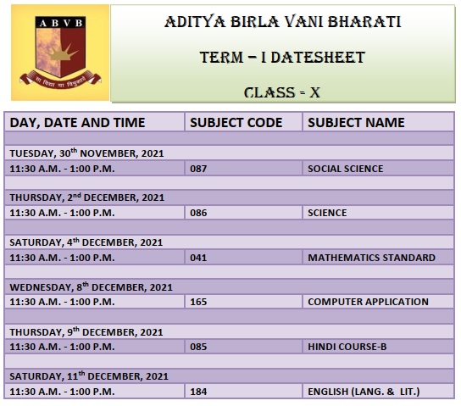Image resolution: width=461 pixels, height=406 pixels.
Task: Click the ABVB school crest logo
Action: click(x=60, y=53)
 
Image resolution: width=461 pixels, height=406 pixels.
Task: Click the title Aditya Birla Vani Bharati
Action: click(x=282, y=22)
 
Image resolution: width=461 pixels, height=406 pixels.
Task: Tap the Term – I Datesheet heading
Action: click(x=282, y=57)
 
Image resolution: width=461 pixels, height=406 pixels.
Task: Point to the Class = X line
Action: click(x=282, y=92)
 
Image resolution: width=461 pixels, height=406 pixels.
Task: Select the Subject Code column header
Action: click(x=236, y=123)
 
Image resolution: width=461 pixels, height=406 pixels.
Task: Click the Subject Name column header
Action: click(x=356, y=123)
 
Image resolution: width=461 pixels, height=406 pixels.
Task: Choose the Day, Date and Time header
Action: click(x=77, y=123)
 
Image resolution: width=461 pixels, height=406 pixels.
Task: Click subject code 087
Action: click(x=198, y=169)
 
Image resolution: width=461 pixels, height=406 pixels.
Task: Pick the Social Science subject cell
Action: click(x=346, y=169)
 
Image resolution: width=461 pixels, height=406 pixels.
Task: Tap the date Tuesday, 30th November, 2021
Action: click(x=86, y=153)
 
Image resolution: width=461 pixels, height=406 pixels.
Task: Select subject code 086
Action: click(x=198, y=213)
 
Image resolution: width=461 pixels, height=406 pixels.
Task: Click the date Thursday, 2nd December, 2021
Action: click(x=87, y=197)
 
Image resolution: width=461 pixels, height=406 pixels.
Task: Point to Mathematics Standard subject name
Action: click(x=372, y=258)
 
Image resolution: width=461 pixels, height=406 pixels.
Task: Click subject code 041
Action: click(x=198, y=258)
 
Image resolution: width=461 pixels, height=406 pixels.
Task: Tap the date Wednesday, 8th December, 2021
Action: click(x=92, y=287)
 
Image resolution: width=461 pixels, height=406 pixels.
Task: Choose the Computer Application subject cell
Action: click(x=368, y=302)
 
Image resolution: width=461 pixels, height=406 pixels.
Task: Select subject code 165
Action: click(x=198, y=302)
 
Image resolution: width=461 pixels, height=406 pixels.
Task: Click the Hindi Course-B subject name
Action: click(x=347, y=347)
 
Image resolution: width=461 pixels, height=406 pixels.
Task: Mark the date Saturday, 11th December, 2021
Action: click(x=89, y=376)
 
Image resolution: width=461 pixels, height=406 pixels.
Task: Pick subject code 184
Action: click(x=198, y=392)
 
